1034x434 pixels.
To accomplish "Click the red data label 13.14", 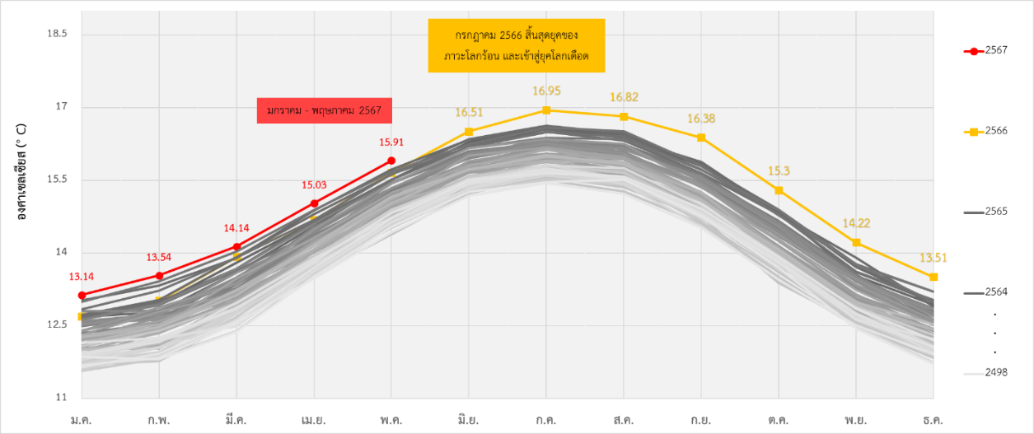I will [82, 277].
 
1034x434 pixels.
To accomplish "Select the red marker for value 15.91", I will [391, 161].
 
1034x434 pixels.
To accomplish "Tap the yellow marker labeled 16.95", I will [546, 110].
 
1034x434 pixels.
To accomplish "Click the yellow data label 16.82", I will [624, 97].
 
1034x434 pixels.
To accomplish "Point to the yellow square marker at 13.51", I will [933, 277].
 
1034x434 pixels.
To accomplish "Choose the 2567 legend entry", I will [985, 51].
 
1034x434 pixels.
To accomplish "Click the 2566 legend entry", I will [985, 131].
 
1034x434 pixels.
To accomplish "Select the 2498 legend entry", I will [985, 373].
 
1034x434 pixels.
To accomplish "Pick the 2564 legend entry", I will [985, 292].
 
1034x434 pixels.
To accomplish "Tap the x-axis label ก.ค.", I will [546, 420].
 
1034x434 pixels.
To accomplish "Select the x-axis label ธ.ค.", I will [933, 420].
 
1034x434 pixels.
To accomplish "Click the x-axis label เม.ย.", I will [314, 420].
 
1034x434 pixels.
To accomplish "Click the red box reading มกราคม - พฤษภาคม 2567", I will [325, 110].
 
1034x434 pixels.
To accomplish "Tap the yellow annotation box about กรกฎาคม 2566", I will [517, 46].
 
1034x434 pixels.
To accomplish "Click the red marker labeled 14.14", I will [236, 247].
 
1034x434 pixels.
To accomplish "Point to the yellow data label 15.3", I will [779, 171].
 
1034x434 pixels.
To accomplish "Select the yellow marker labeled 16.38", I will [701, 138].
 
